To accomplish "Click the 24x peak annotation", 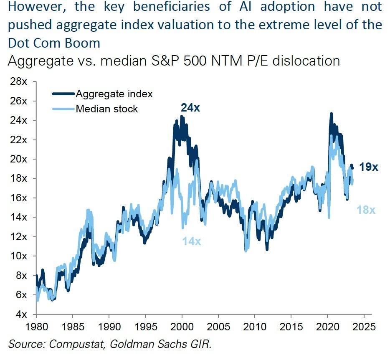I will [191, 108].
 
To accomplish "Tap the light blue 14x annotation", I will [192, 241].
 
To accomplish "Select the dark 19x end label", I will [369, 167].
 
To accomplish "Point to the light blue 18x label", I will [366, 210].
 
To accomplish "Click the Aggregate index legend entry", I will [114, 94].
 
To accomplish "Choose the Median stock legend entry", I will [106, 109].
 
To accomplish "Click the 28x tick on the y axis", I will [18, 82].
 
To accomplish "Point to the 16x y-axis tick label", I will [18, 198].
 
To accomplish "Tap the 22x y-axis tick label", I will [18, 140].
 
